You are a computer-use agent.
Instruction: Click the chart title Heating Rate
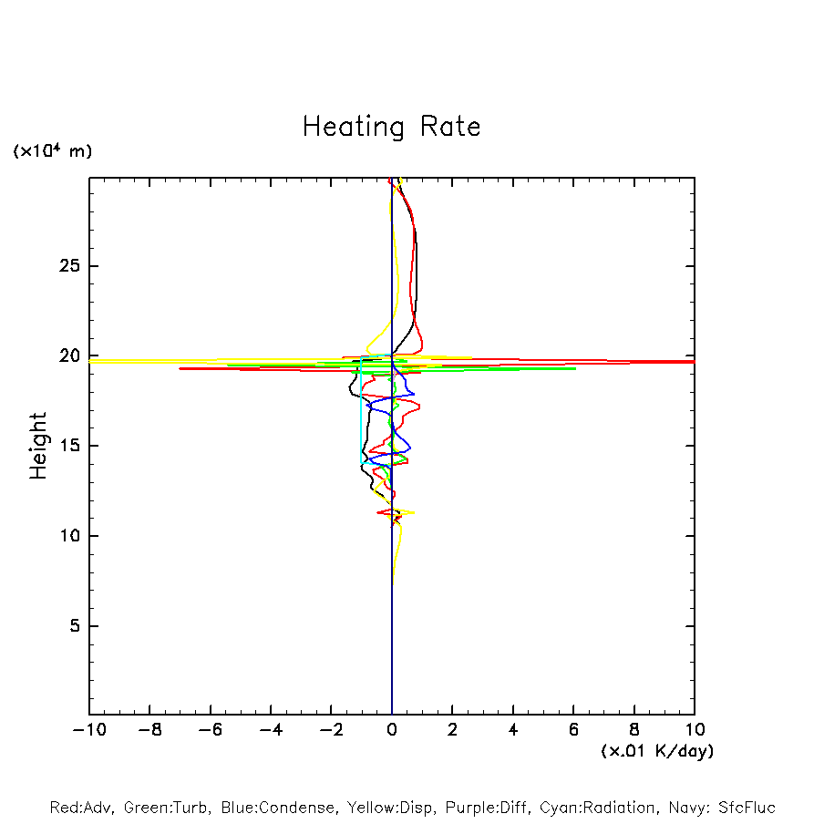click(x=391, y=127)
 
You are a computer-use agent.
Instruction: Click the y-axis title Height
click(x=37, y=446)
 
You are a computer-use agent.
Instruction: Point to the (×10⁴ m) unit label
click(x=52, y=151)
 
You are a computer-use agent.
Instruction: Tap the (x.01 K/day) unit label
click(x=656, y=751)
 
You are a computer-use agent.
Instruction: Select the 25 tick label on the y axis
click(x=67, y=266)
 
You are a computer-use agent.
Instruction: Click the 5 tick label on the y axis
click(x=73, y=626)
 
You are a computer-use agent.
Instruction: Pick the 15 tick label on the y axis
click(x=67, y=446)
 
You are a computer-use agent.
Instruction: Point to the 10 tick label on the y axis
click(x=67, y=536)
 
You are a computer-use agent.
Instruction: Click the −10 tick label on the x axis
click(x=89, y=730)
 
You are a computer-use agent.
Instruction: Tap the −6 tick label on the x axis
click(x=210, y=730)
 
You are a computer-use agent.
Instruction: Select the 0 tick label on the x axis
click(x=392, y=730)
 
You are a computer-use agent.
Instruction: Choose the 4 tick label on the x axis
click(x=513, y=730)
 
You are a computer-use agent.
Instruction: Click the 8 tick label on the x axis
click(x=634, y=730)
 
